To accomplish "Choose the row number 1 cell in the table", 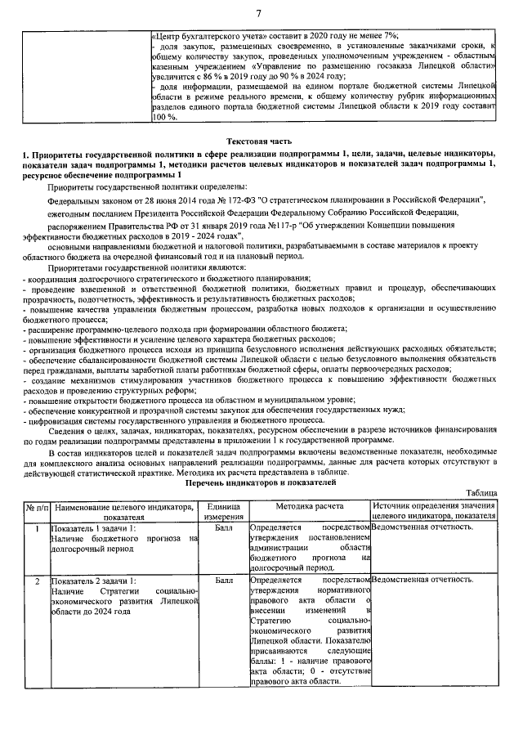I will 37,528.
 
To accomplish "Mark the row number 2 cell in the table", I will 37,580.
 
